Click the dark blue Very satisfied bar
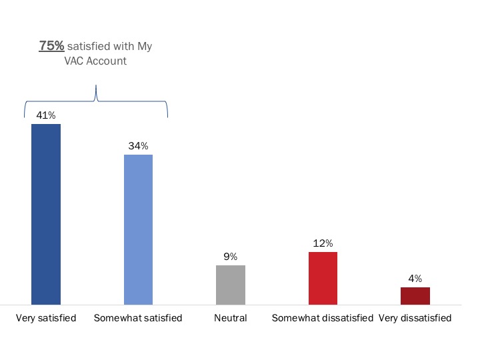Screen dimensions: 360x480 tap(46, 214)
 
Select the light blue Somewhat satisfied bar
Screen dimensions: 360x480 tap(139, 229)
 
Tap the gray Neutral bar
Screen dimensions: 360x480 tap(231, 285)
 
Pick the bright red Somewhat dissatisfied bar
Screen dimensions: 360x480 tap(323, 278)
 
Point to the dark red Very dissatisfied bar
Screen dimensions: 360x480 tap(415, 296)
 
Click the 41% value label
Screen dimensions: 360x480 tap(46, 115)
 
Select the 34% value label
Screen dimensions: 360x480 tap(139, 146)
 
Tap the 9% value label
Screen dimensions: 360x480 tap(231, 257)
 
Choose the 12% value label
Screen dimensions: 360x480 tap(323, 243)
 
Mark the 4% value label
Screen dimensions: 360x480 tap(415, 279)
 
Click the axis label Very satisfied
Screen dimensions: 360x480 tap(46, 318)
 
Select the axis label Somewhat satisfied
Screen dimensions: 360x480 tap(138, 318)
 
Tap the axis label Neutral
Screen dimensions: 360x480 tap(231, 318)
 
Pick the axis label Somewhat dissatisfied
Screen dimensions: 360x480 tap(323, 318)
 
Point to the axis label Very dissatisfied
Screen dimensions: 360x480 tap(415, 318)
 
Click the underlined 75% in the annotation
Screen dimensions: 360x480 tap(51, 46)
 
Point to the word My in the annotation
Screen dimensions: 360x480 tap(145, 47)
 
